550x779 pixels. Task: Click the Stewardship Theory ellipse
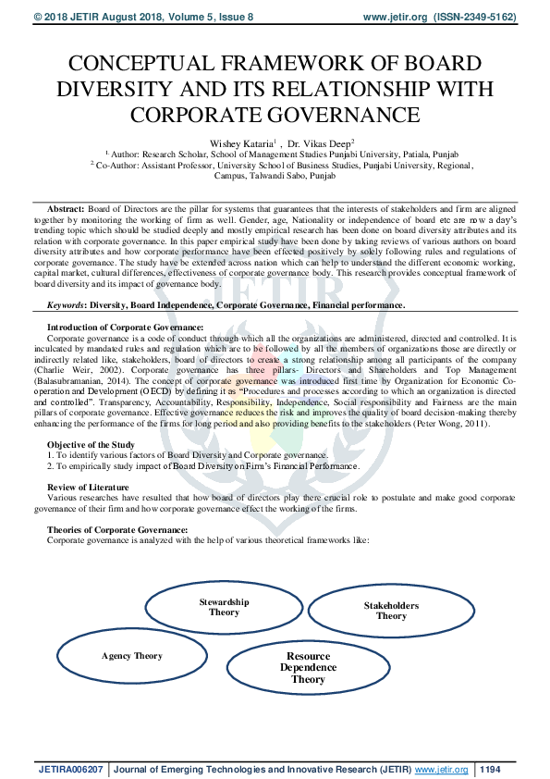pos(224,607)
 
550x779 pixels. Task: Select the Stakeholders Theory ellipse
pos(391,611)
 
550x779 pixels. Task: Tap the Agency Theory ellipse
pos(132,656)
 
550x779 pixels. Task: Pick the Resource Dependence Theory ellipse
pos(308,667)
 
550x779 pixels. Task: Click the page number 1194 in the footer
pos(492,769)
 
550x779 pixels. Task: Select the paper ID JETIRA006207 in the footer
pos(70,769)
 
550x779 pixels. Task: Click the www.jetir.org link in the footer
pos(442,769)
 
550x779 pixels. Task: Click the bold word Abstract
pos(65,211)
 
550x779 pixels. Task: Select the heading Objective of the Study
pos(91,446)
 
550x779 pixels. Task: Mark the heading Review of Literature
pos(87,487)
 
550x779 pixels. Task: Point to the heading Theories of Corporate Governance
pos(110,529)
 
